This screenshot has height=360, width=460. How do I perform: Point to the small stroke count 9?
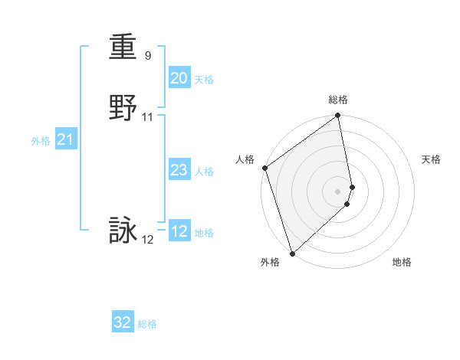click(x=147, y=56)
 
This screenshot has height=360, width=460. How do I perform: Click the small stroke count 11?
click(x=148, y=116)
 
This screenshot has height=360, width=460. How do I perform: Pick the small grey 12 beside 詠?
click(x=147, y=240)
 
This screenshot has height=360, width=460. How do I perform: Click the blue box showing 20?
click(x=179, y=78)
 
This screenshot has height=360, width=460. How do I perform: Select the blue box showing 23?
click(x=179, y=170)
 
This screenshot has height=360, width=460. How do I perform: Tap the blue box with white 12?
click(x=179, y=231)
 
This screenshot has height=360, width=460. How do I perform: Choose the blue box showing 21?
click(x=65, y=139)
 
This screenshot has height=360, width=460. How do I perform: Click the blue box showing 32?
click(x=123, y=322)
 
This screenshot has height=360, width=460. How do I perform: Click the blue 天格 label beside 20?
click(x=204, y=80)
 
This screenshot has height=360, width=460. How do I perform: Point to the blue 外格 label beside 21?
click(x=41, y=141)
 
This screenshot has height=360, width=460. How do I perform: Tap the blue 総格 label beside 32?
click(x=147, y=324)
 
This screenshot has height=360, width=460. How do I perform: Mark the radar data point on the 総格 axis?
click(x=338, y=116)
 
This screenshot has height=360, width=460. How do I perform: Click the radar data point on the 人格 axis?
click(x=264, y=168)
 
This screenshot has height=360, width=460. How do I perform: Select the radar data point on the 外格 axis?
click(x=292, y=253)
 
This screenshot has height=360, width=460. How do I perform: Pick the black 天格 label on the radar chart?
click(x=431, y=159)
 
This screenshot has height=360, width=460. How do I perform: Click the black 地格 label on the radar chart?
click(x=402, y=262)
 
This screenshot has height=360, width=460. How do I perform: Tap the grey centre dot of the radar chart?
click(x=338, y=191)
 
